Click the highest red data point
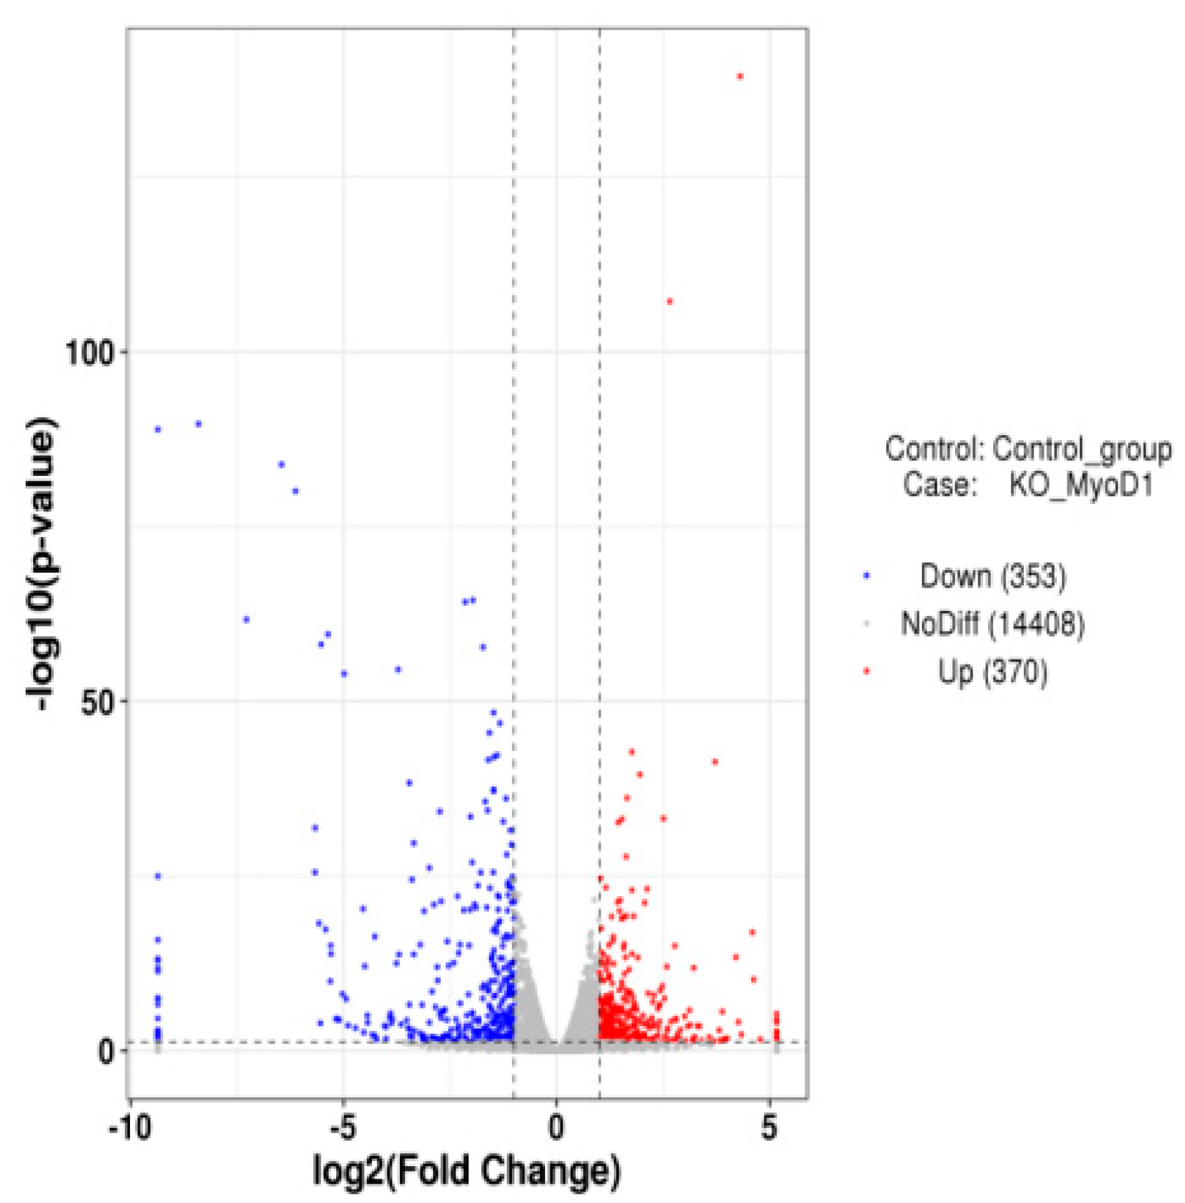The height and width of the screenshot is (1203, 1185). click(740, 77)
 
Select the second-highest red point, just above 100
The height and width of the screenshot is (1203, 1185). click(669, 301)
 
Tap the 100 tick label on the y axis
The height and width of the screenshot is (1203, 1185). click(89, 353)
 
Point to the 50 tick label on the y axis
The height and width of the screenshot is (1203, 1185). click(97, 703)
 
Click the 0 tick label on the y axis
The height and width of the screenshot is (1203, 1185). click(106, 1052)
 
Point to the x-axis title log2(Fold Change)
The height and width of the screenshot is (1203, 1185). click(466, 1170)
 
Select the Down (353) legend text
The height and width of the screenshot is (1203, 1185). click(992, 576)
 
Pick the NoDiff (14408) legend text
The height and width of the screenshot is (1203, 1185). click(992, 623)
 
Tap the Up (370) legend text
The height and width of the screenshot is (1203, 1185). click(992, 672)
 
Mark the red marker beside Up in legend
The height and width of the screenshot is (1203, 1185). click(866, 672)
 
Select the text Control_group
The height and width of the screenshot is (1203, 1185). click(1082, 449)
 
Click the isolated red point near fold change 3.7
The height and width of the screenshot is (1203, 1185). click(715, 762)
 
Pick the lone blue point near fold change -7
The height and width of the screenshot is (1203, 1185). click(246, 620)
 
